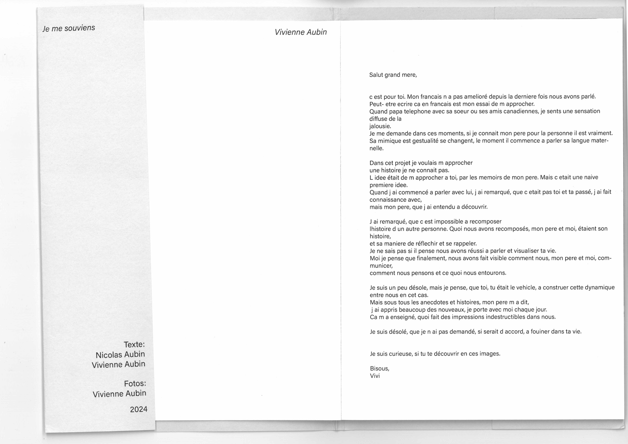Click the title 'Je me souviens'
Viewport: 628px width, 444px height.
tap(69, 28)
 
